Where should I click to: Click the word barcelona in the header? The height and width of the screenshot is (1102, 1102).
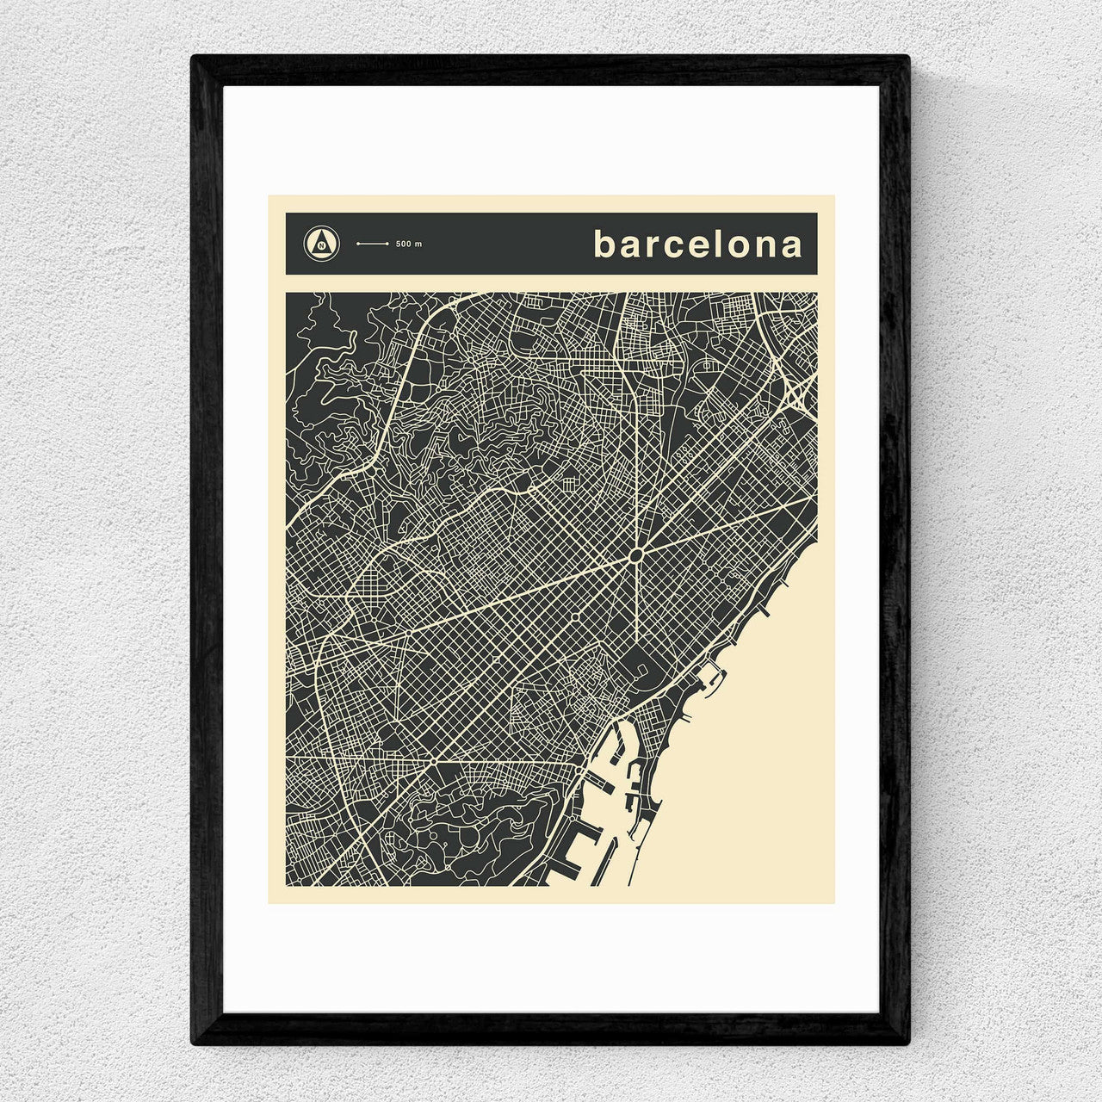coord(697,245)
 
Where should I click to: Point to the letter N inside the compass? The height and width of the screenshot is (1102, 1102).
coord(322,245)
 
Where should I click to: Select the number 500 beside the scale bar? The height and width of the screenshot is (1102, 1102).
coord(405,245)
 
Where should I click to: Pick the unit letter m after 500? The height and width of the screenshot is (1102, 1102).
coord(419,245)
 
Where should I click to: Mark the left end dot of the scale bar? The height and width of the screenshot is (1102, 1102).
coord(358,245)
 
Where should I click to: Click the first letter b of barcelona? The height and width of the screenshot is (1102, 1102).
coord(604,245)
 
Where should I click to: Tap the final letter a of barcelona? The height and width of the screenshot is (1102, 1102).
coord(791,247)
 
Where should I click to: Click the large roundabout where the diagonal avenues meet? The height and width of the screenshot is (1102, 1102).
coord(636,555)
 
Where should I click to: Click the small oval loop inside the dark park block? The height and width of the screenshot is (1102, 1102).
coord(638,668)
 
